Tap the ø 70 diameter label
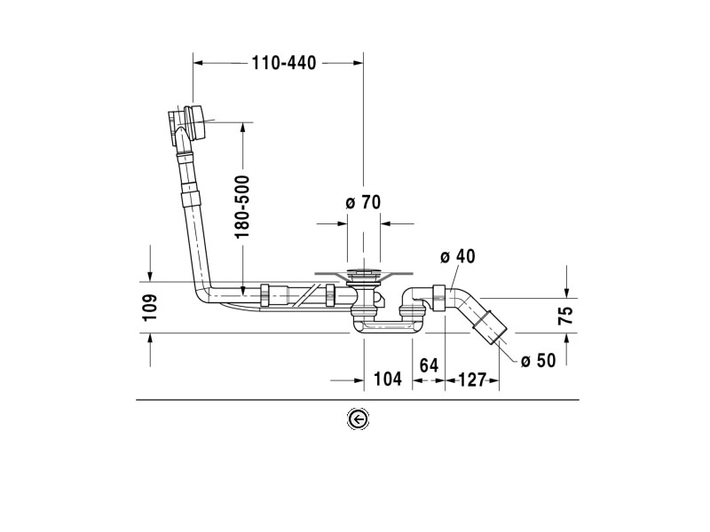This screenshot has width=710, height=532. [362, 202]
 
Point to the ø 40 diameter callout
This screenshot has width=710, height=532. [458, 257]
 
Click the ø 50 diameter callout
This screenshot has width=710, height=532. [538, 360]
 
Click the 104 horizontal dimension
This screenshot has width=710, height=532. [388, 379]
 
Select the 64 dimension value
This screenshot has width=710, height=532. [429, 364]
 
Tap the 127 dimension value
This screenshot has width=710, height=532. [473, 379]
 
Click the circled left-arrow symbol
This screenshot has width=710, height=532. [358, 419]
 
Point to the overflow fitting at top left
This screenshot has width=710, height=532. [189, 121]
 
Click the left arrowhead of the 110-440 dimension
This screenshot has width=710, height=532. [198, 63]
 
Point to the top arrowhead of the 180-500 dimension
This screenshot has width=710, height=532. [242, 127]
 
